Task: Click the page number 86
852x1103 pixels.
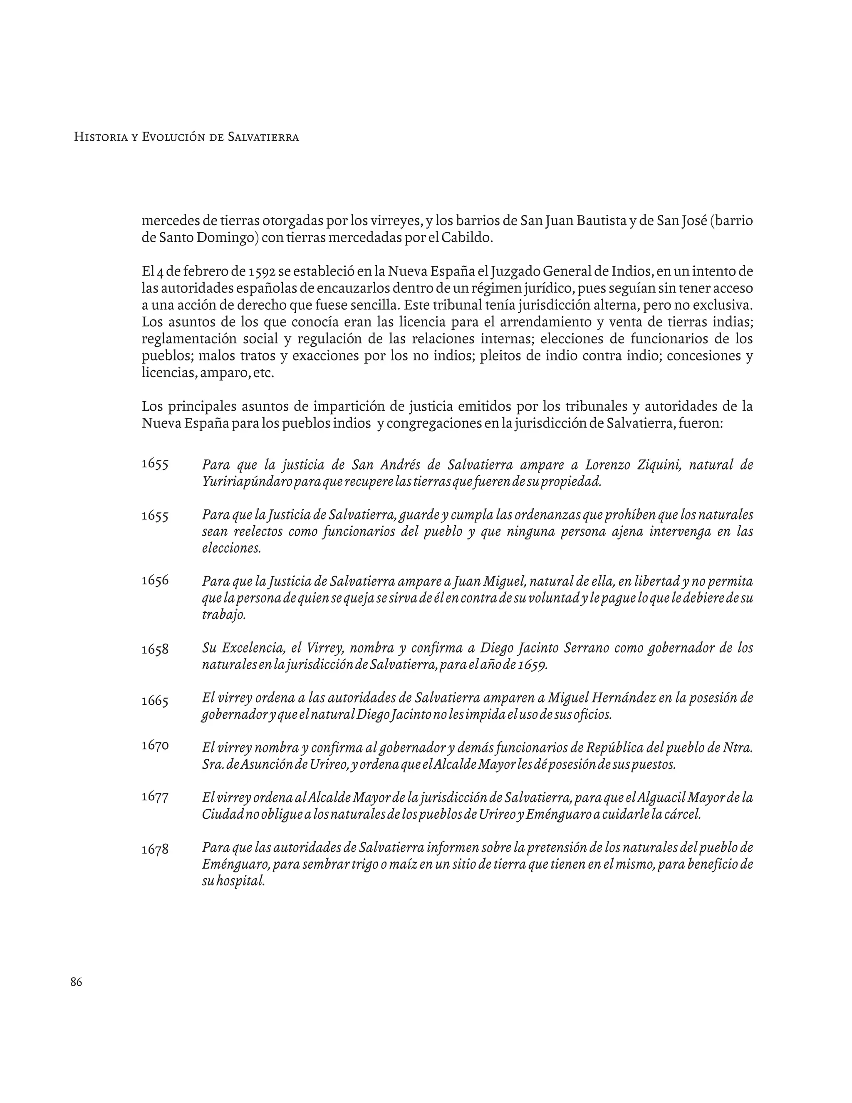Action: point(76,982)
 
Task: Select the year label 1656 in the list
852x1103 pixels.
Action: point(154,580)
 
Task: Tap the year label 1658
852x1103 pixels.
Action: point(154,649)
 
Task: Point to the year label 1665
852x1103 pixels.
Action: point(154,701)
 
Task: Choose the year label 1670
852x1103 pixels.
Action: point(154,745)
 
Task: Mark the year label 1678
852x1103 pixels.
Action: point(154,850)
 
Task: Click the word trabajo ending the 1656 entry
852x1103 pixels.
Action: point(223,615)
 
